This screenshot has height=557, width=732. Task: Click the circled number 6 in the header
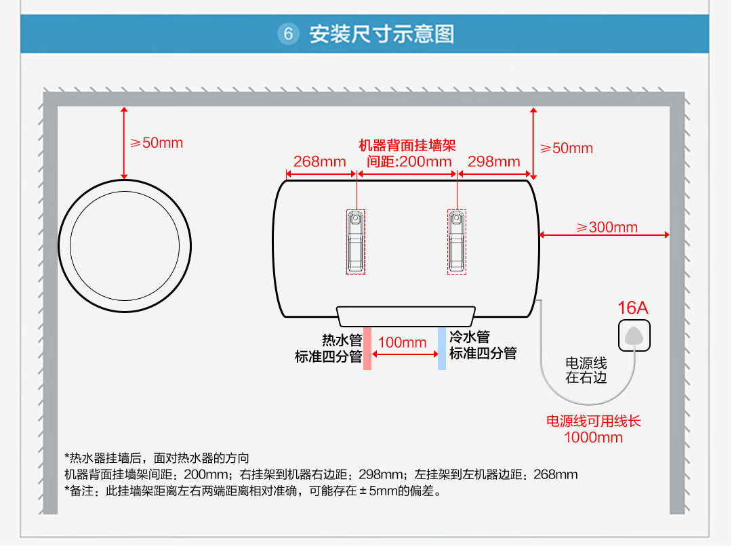(x=288, y=34)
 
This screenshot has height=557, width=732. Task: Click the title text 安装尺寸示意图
(x=382, y=34)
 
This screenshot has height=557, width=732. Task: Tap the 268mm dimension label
(x=319, y=161)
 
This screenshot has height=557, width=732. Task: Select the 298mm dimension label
(x=494, y=161)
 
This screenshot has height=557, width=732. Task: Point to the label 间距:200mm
(x=409, y=161)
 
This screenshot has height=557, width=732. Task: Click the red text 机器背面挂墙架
(x=407, y=146)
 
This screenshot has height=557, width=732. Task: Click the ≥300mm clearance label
(x=607, y=228)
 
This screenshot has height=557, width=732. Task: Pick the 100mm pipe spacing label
(x=402, y=342)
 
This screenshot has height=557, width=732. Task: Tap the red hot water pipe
(x=367, y=348)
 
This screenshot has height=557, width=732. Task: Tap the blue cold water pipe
(x=442, y=348)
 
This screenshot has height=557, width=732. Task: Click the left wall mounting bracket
(x=355, y=242)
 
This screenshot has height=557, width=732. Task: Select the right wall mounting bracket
(x=457, y=242)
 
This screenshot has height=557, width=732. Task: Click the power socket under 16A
(x=634, y=335)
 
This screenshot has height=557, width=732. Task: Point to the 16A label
(x=632, y=308)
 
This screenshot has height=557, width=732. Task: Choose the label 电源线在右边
(x=586, y=370)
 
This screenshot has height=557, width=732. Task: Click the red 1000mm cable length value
(x=593, y=438)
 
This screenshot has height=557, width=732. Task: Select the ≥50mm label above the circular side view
(x=157, y=143)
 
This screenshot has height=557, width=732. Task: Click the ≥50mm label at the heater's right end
(x=566, y=148)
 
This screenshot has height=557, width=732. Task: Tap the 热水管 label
(x=342, y=340)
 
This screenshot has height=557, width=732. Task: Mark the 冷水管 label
(x=470, y=337)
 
